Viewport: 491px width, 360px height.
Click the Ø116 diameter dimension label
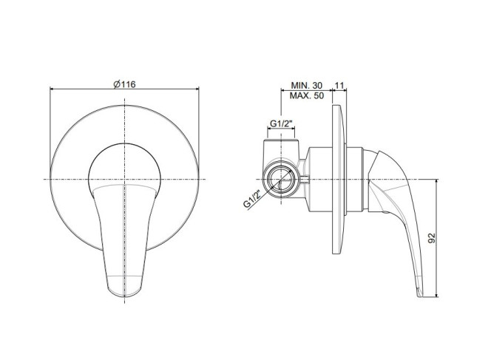click(x=125, y=84)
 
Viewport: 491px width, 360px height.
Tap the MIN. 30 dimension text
click(x=306, y=85)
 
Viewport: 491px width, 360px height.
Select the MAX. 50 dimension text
click(x=306, y=95)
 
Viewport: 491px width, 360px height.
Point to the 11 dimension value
click(x=339, y=85)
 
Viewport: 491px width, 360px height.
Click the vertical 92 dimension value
click(x=432, y=238)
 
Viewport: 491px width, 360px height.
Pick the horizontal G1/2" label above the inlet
click(x=280, y=123)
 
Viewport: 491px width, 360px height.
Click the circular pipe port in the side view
click(x=280, y=180)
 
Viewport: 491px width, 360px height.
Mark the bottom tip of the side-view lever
click(x=419, y=295)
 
